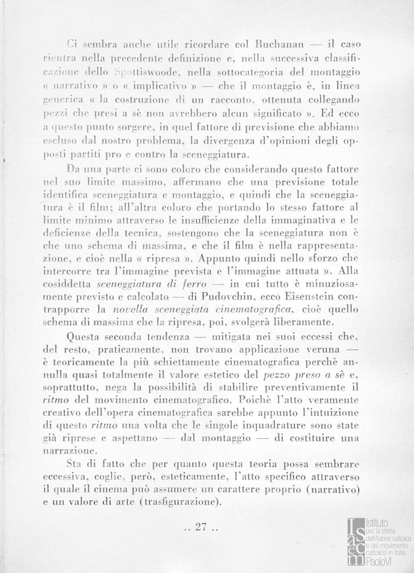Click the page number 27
pos(200,527)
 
